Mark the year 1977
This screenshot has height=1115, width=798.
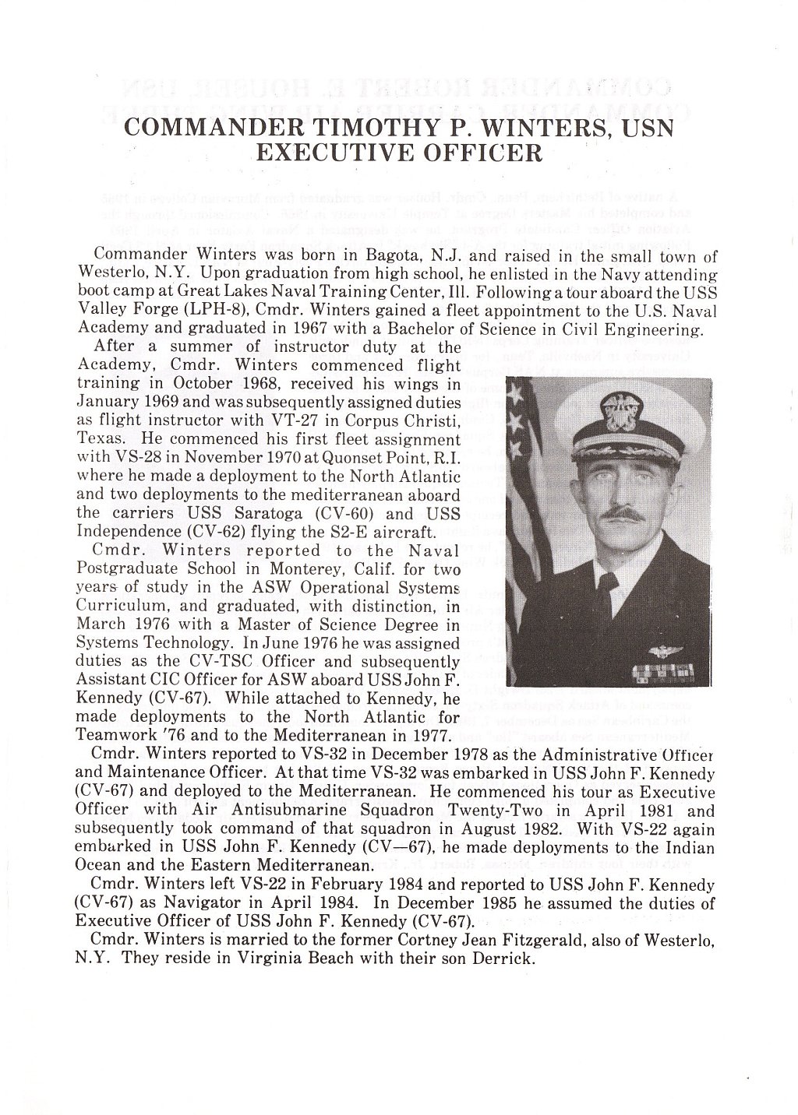430,734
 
